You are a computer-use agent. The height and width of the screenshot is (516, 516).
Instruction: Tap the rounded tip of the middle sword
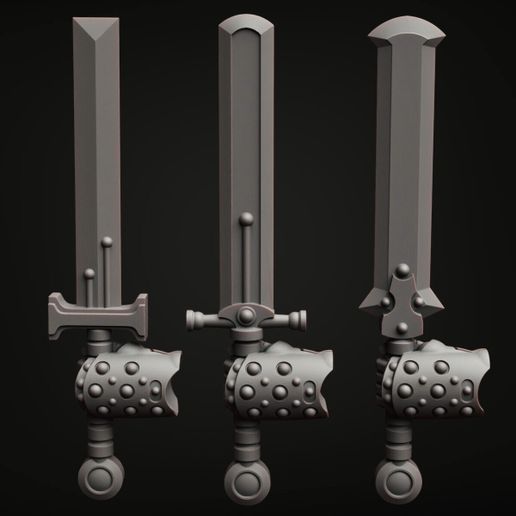(242, 22)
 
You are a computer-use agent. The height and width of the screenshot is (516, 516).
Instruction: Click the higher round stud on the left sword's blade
(107, 243)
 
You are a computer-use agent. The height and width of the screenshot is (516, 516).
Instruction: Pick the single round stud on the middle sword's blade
(243, 215)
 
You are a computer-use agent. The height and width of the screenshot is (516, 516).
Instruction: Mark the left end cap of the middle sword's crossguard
(193, 320)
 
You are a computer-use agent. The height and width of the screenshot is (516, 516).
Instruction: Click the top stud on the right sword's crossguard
(402, 271)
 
